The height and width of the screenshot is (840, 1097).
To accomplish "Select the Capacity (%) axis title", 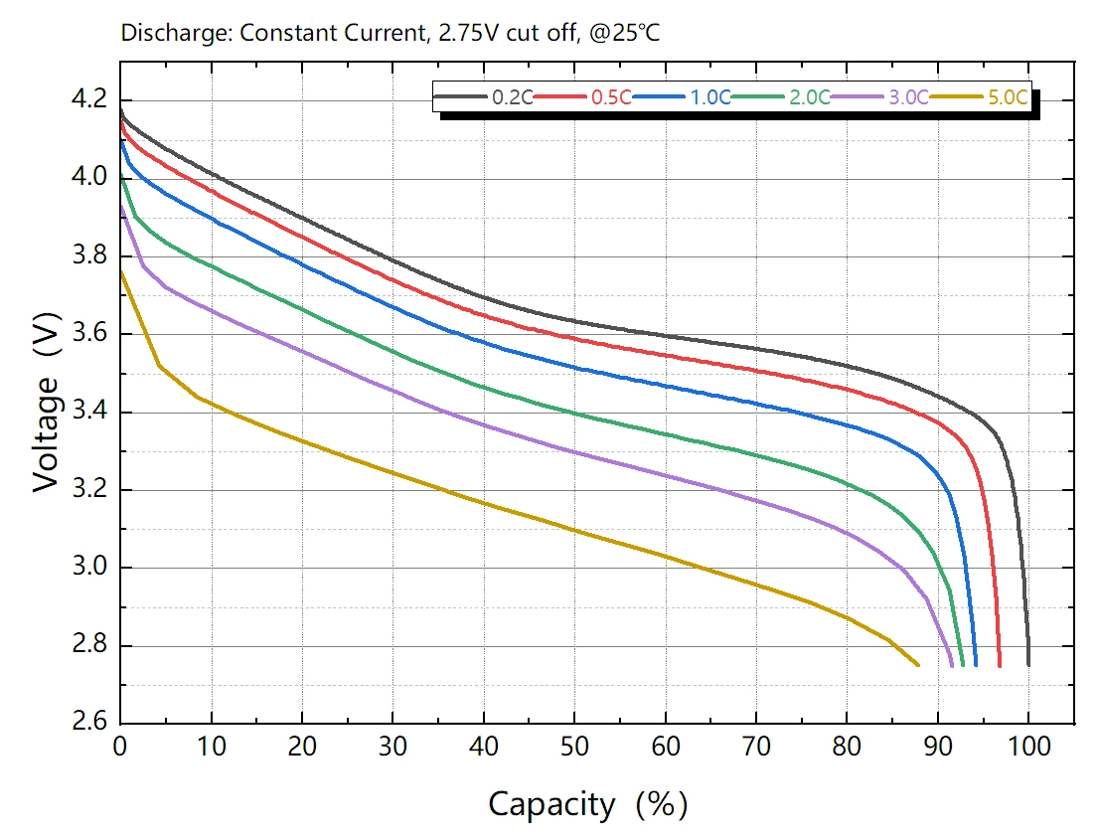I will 587,803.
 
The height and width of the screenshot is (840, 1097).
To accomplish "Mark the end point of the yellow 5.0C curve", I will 918,665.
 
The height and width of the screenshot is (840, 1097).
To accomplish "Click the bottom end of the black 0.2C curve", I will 1028,665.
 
